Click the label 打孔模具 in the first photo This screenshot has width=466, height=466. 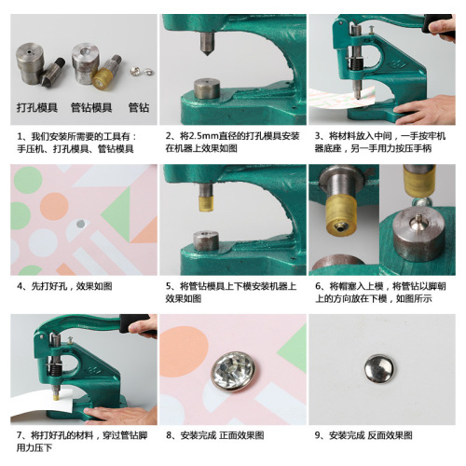pos(37,107)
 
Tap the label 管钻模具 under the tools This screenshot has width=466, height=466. pos(92,107)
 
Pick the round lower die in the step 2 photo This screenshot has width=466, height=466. pos(207,91)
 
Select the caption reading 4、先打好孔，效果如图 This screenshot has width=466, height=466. pos(65,286)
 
